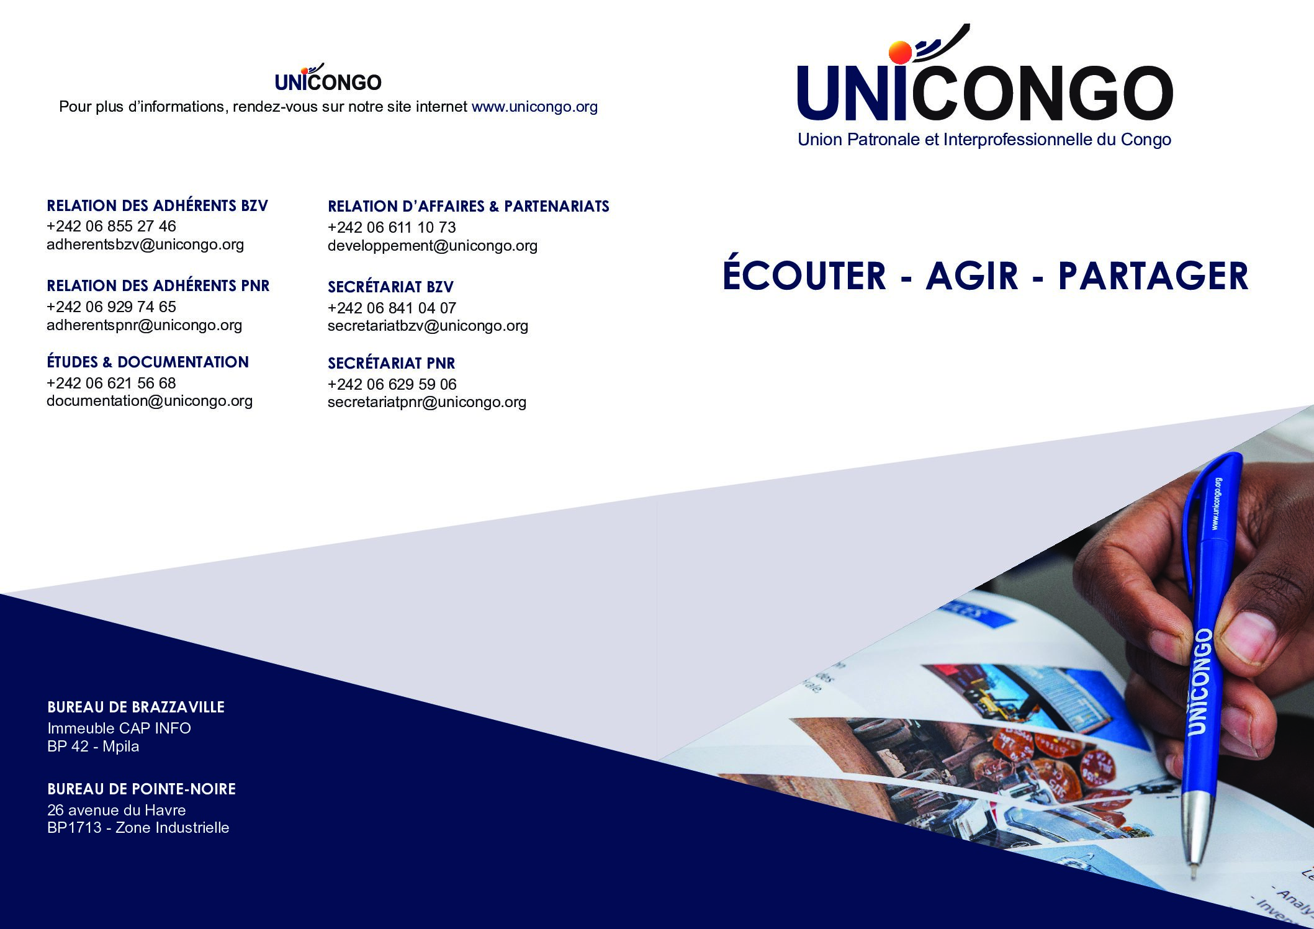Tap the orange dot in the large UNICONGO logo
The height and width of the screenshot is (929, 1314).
(x=900, y=52)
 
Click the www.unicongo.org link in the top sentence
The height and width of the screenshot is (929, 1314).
(x=534, y=107)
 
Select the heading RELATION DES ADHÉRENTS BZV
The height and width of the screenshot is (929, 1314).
(x=157, y=205)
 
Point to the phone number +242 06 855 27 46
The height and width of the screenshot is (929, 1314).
(x=111, y=226)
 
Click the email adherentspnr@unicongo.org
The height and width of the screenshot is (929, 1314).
(x=144, y=325)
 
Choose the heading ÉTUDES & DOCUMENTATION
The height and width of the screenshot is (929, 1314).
(x=148, y=362)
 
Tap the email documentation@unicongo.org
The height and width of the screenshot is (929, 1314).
(x=150, y=401)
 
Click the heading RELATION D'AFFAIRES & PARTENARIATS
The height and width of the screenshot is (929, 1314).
(x=469, y=206)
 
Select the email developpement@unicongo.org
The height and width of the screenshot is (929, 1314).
(x=433, y=246)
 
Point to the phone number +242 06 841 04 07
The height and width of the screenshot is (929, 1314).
(x=392, y=308)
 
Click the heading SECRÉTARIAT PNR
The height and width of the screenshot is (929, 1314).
(x=391, y=363)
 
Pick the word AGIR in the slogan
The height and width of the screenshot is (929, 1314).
(x=972, y=276)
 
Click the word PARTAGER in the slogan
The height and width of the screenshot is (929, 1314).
(x=1153, y=276)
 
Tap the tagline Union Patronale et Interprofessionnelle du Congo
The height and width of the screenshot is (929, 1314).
(x=984, y=140)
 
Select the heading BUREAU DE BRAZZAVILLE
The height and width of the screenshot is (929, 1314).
(x=136, y=707)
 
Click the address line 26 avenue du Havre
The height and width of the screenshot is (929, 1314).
(x=117, y=810)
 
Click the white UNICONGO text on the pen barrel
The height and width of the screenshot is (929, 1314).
(x=1200, y=681)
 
